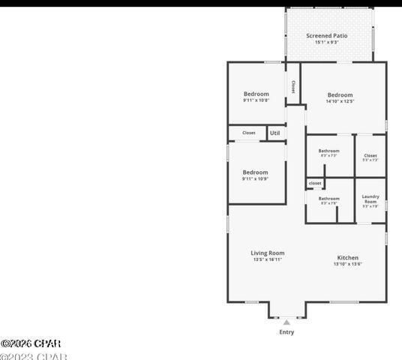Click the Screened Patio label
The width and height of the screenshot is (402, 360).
(326, 35)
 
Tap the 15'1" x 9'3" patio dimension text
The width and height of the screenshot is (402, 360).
(326, 43)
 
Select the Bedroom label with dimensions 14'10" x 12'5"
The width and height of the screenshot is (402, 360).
(340, 95)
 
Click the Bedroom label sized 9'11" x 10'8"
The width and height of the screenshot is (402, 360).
(256, 94)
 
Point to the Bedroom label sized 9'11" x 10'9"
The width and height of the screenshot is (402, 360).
(255, 172)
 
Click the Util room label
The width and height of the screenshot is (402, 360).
(274, 133)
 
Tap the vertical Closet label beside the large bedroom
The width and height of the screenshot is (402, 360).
(292, 87)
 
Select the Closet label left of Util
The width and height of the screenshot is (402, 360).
(248, 133)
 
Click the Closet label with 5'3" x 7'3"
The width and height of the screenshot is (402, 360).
(370, 156)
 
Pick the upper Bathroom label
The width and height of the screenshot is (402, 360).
(328, 151)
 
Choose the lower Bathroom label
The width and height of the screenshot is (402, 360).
(328, 199)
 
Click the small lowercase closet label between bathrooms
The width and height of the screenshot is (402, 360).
(315, 183)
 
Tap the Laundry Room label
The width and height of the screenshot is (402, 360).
(370, 199)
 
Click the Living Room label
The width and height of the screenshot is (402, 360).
(267, 253)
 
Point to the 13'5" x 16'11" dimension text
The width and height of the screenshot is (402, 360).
(267, 260)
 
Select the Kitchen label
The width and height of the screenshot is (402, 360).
(347, 257)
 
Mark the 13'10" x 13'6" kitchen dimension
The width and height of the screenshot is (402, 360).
(347, 264)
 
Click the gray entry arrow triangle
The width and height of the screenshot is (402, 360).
(286, 322)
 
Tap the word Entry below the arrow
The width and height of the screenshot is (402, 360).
(286, 332)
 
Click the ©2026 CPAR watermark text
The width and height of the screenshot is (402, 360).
(31, 343)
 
